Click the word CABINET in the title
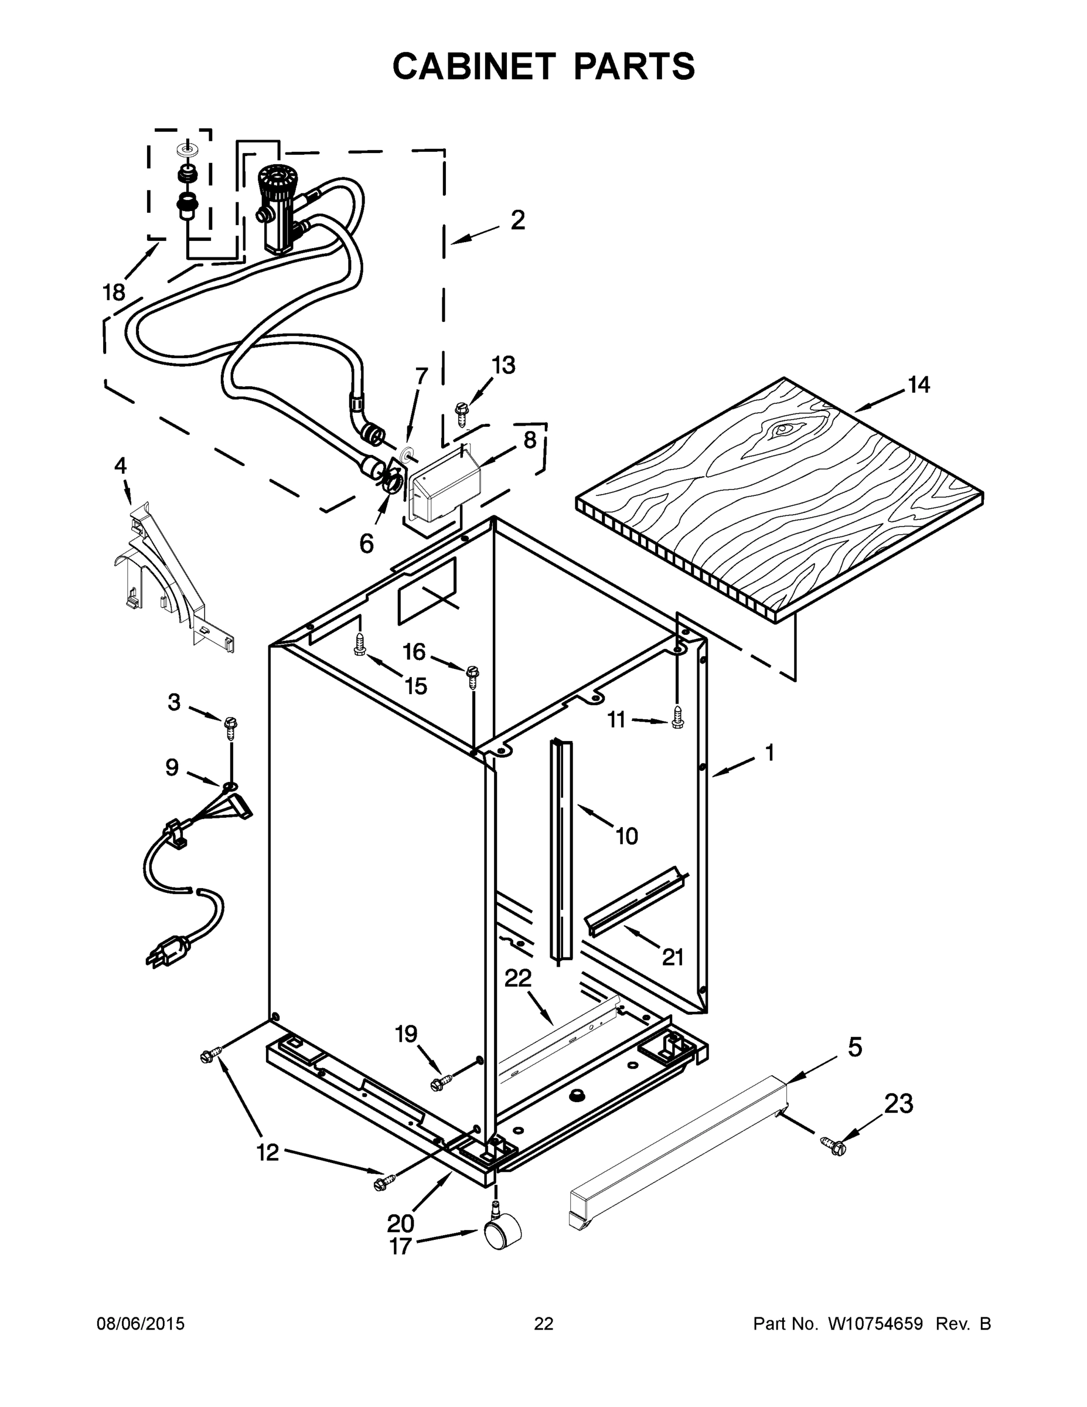tap(473, 66)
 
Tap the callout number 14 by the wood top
tap(919, 385)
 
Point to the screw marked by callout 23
tap(834, 1145)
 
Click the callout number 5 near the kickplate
tap(854, 1048)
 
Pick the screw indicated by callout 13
tap(462, 411)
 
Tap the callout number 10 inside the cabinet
tap(626, 836)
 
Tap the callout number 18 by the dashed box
tap(114, 293)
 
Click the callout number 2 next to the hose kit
tap(518, 220)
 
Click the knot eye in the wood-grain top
tap(783, 429)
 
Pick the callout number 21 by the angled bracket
tap(672, 957)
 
